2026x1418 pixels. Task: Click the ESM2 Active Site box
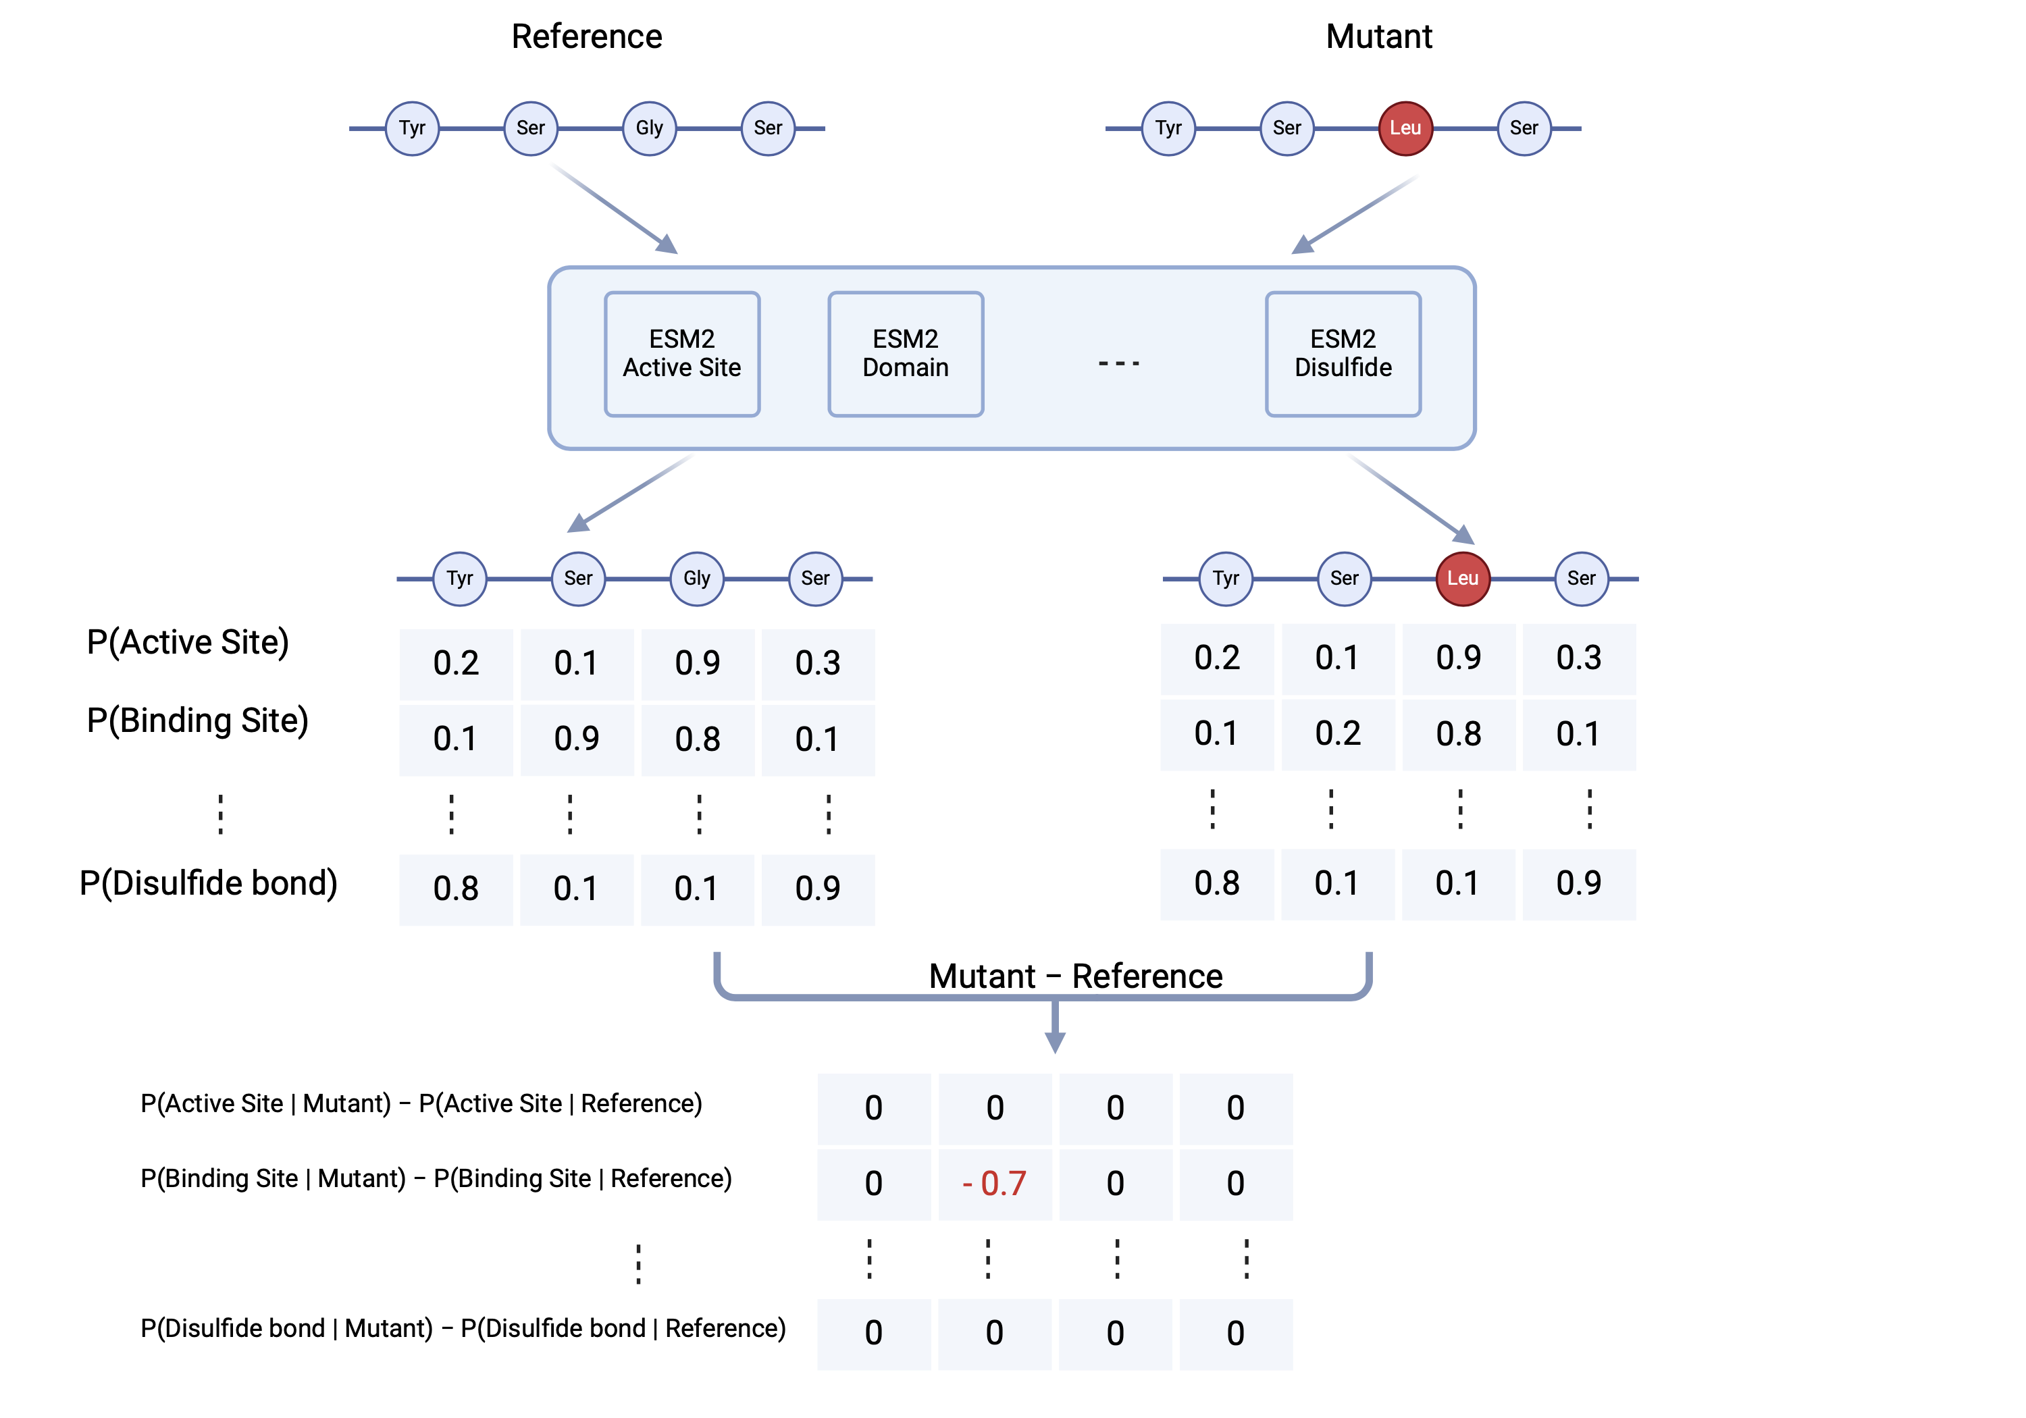pos(681,354)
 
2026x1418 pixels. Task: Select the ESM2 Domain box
pos(906,354)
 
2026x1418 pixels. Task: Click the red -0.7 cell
pos(995,1183)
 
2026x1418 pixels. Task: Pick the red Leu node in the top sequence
pos(1405,128)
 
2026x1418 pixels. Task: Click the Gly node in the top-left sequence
pos(650,128)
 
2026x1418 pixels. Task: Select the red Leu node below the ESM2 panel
pos(1462,579)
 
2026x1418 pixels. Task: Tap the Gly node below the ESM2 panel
pos(696,579)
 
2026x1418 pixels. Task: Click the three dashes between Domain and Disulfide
pos(1119,363)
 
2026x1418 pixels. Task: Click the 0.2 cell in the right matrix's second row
pos(1338,734)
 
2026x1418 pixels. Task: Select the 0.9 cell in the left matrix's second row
pos(576,739)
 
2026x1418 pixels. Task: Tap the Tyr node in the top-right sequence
pos(1168,128)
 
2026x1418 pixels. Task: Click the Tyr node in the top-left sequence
pos(412,128)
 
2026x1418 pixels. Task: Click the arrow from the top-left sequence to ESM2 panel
pos(613,207)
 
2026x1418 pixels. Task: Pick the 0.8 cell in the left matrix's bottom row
pos(455,889)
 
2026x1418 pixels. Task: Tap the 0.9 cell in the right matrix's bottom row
pos(1579,883)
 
